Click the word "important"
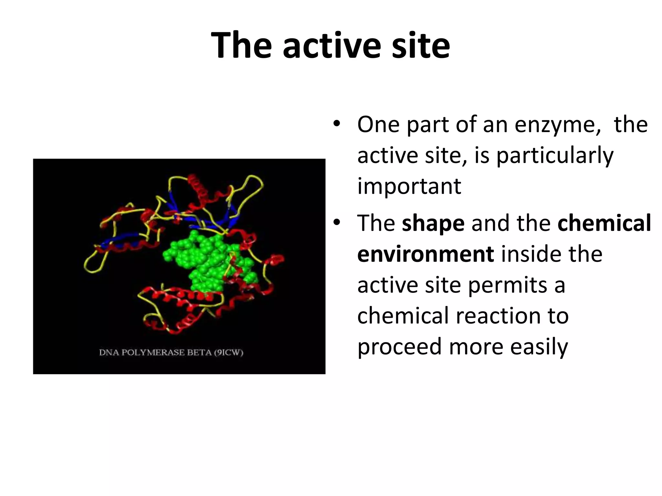click(409, 186)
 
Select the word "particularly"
click(555, 156)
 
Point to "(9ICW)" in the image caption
click(229, 352)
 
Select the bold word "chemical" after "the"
click(604, 223)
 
